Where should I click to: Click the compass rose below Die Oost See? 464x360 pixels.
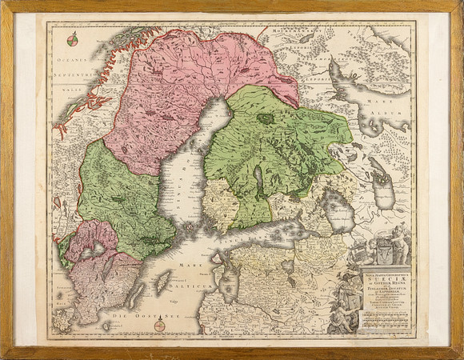tap(160, 325)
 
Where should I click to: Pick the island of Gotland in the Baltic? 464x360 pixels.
tap(164, 282)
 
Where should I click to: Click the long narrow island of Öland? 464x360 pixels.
tap(133, 295)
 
